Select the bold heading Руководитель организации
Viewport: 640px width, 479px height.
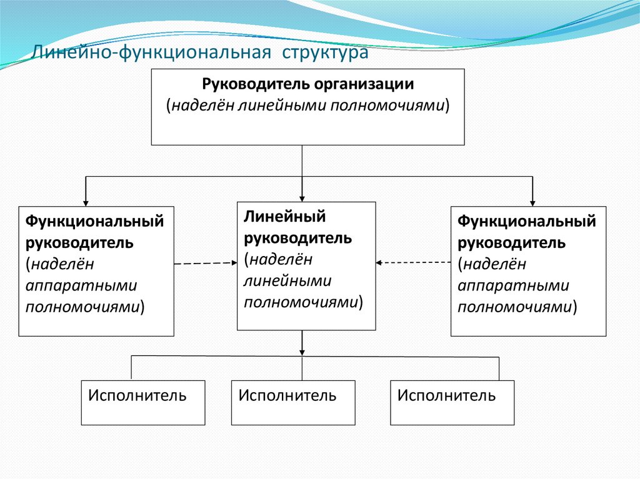point(307,84)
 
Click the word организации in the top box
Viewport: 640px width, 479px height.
point(364,84)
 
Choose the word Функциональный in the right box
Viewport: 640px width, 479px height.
point(527,221)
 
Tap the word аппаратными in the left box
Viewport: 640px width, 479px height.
point(81,285)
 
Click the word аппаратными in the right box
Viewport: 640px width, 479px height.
point(514,285)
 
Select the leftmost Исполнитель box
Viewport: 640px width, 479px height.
point(143,402)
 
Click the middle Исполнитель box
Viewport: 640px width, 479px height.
point(293,402)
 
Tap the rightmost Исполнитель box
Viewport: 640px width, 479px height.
point(452,402)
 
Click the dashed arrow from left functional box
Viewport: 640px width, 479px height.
point(205,264)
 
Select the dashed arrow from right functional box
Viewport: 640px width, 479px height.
point(413,262)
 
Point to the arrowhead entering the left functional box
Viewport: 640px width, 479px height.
point(86,201)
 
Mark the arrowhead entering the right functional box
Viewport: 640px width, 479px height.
point(532,201)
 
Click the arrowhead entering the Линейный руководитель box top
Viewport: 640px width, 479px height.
point(302,197)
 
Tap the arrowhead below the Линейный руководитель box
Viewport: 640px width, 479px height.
point(302,350)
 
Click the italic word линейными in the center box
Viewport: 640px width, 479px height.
point(288,280)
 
